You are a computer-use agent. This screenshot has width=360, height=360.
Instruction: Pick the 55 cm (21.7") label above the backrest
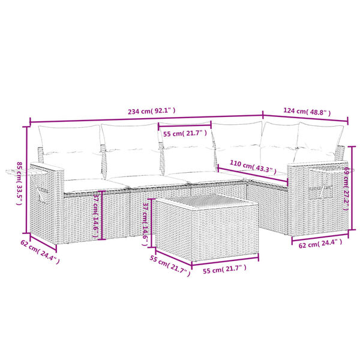tap(185, 133)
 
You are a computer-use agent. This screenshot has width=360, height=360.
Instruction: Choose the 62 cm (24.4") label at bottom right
tap(319, 243)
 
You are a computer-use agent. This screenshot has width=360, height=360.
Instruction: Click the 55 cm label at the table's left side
tap(170, 264)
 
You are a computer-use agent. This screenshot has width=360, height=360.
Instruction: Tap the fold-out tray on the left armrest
tap(18, 173)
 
